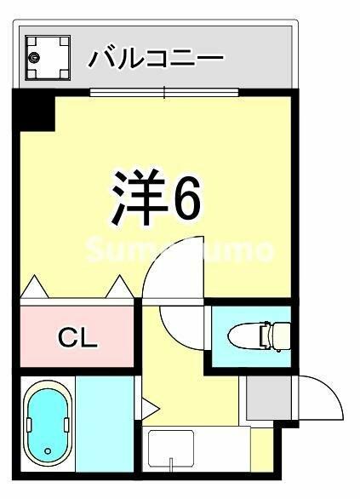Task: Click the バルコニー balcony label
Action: (x=156, y=58)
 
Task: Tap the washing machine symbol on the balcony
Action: (x=48, y=57)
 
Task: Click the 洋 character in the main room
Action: (x=140, y=197)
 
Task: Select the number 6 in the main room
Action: (x=186, y=198)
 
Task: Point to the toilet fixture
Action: (x=260, y=336)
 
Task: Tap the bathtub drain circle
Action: (x=48, y=451)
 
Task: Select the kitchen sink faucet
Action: (x=171, y=464)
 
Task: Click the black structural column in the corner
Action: (x=34, y=110)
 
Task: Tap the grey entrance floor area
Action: (x=269, y=398)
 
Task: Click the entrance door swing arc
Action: (x=331, y=389)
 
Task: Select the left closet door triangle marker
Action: (x=35, y=287)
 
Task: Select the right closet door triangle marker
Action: (x=120, y=287)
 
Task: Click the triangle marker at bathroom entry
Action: (x=150, y=408)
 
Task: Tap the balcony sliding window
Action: (x=164, y=93)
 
